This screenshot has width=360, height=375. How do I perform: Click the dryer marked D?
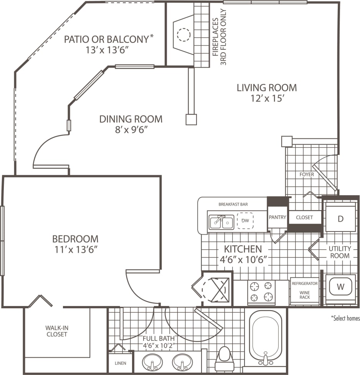tap(340, 219)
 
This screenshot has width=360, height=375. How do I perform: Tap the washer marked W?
tap(340, 286)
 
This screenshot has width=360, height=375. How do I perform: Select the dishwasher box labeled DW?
tap(245, 220)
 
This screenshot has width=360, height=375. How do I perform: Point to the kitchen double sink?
tap(221, 222)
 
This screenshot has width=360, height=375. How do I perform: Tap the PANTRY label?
tap(277, 217)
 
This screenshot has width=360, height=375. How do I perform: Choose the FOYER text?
tap(307, 174)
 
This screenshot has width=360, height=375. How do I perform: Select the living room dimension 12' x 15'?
tap(266, 98)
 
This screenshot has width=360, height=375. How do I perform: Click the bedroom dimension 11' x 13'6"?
tap(75, 249)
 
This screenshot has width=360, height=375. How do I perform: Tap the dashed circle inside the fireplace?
tap(183, 35)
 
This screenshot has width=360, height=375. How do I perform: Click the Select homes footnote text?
tap(345, 318)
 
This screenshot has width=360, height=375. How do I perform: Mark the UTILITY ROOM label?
tap(339, 252)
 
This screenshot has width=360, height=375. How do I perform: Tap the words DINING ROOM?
tap(131, 119)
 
